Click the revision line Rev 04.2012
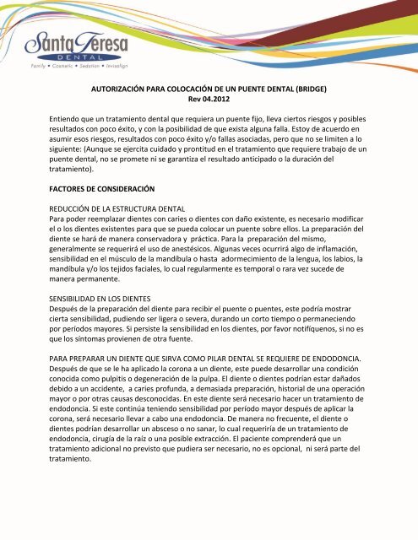[x=208, y=98]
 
